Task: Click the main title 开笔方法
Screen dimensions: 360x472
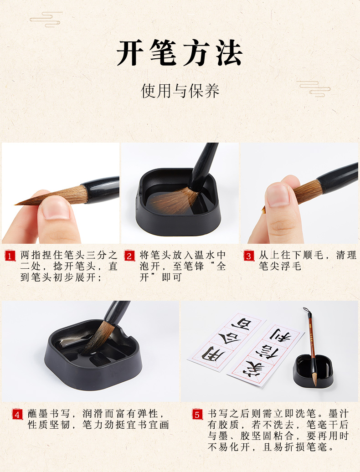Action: pos(180,53)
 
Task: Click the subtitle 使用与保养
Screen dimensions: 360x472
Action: pos(180,91)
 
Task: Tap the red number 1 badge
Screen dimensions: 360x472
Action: pos(10,256)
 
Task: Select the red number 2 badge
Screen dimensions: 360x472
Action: pos(129,256)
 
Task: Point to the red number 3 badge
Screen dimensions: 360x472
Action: pos(248,256)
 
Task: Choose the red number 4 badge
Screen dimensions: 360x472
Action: pos(17,415)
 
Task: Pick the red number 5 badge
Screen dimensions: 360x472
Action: pos(197,415)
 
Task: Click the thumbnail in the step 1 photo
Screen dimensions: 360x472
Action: pos(56,208)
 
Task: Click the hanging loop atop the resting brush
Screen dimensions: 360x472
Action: pos(307,312)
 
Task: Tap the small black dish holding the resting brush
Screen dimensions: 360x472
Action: pos(313,371)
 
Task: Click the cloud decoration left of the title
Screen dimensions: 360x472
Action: pos(46,19)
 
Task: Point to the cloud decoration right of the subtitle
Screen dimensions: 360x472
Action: pos(314,88)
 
